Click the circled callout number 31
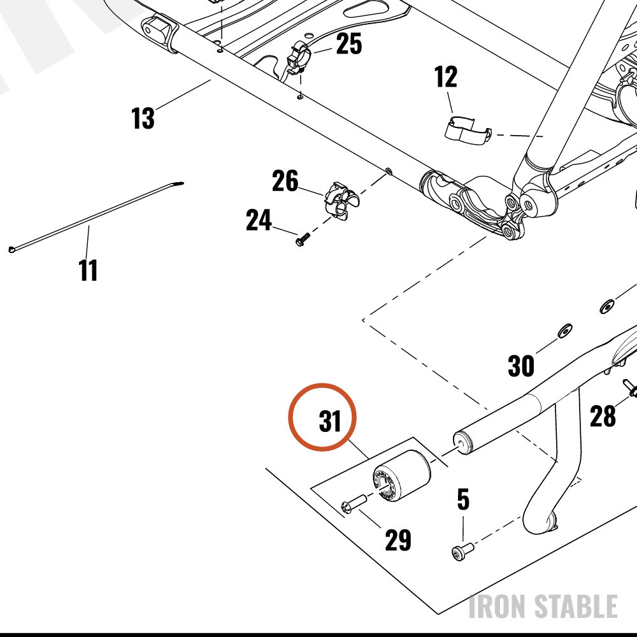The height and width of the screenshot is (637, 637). [x=330, y=421]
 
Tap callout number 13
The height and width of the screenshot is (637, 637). [x=143, y=118]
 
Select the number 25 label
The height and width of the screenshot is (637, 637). [x=349, y=43]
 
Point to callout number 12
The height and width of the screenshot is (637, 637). [x=446, y=76]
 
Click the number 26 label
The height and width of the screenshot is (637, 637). [x=285, y=181]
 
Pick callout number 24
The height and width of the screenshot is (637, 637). [x=259, y=220]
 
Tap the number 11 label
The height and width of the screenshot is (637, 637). [x=88, y=270]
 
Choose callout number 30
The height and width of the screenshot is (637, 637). [x=521, y=366]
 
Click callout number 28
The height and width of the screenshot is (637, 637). [x=603, y=416]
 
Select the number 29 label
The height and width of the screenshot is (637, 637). [x=398, y=540]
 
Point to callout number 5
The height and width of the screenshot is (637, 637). [x=463, y=499]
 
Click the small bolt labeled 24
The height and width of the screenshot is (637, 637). [x=303, y=240]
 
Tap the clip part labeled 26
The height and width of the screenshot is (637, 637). [x=341, y=201]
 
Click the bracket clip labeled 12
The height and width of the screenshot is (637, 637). [x=468, y=131]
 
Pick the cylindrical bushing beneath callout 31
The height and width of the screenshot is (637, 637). [x=401, y=475]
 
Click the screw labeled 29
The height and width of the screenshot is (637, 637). [x=354, y=504]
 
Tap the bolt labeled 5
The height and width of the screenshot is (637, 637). [x=462, y=552]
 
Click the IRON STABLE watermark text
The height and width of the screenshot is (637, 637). [x=543, y=606]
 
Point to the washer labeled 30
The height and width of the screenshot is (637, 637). [x=564, y=331]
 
